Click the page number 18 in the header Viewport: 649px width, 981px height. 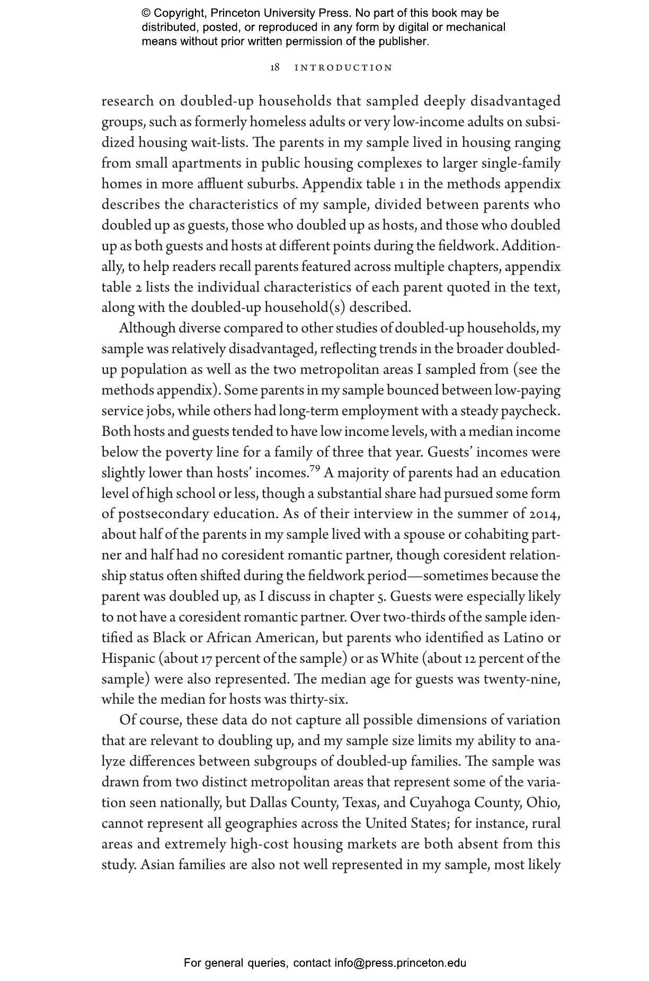[275, 68]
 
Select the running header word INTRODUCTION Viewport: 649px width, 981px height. [343, 68]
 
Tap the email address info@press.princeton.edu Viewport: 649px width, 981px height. [400, 963]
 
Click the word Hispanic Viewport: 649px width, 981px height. [128, 659]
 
